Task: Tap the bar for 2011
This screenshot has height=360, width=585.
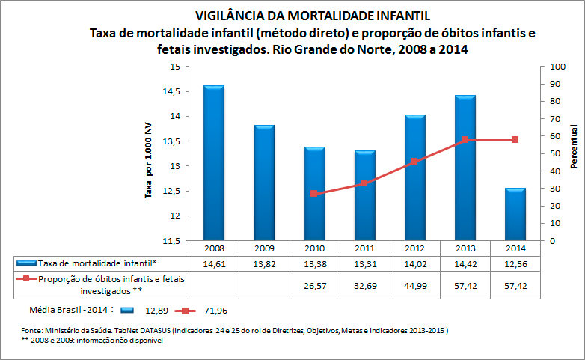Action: coord(364,195)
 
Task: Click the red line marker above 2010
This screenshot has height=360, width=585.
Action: coord(314,194)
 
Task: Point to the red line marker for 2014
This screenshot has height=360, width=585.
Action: coord(515,140)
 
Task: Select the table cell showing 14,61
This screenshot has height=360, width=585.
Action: coord(214,263)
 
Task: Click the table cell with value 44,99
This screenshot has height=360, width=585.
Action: coord(414,284)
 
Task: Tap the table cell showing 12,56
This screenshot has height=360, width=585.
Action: coord(515,263)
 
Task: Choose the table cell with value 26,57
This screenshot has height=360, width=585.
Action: coord(314,284)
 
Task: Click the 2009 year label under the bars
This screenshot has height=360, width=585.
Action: coord(264,248)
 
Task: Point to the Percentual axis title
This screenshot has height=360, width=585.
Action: coord(574,147)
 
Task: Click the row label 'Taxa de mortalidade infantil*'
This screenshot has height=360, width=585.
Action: coord(98,263)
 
